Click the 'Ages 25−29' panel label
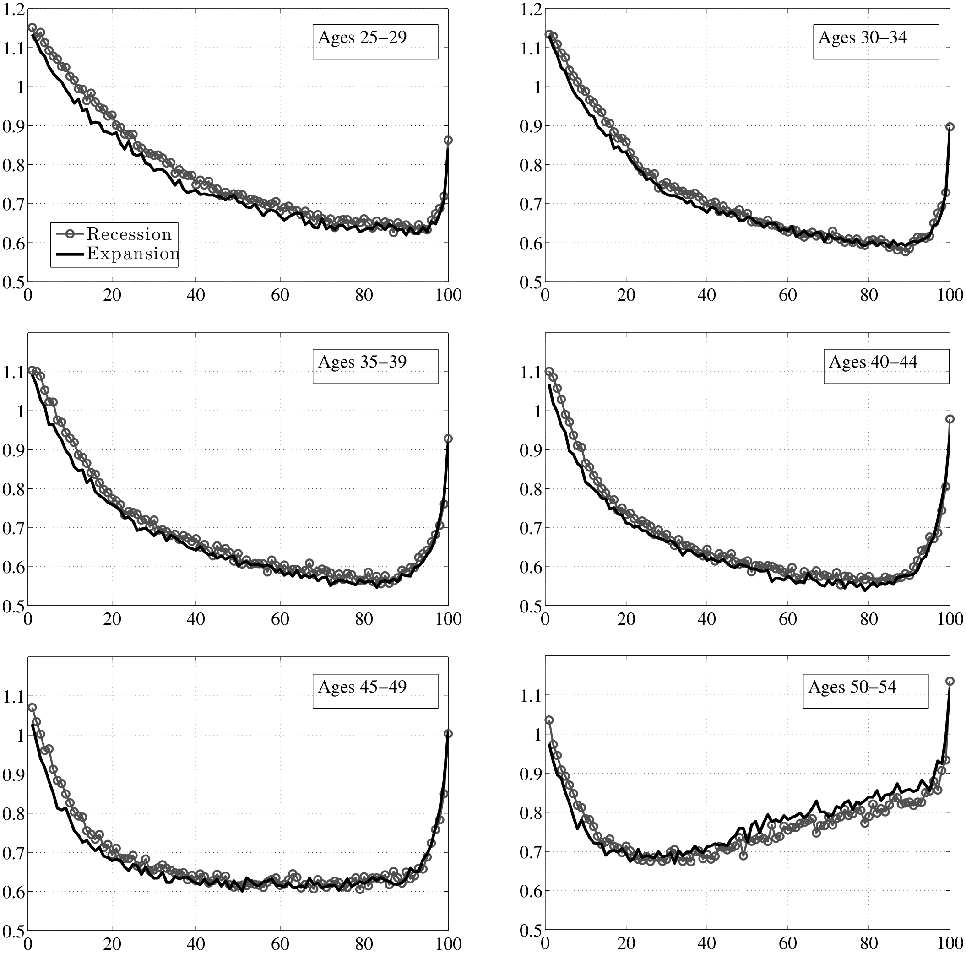[x=362, y=38]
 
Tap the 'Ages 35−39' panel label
[x=362, y=362]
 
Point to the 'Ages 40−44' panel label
[x=873, y=362]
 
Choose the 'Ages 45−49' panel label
[x=362, y=687]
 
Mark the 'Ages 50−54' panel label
[x=852, y=687]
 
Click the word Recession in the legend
[x=129, y=234]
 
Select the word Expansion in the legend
[x=132, y=254]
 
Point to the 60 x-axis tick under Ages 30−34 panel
[x=787, y=295]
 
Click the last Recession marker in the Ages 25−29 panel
[x=448, y=141]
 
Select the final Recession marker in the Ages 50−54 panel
[x=950, y=681]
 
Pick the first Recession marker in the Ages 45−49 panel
[x=33, y=708]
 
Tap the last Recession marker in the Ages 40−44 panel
[x=950, y=419]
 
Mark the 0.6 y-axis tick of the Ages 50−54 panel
[x=531, y=891]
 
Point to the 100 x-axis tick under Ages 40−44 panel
[x=950, y=619]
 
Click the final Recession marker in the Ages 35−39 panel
[x=448, y=439]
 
